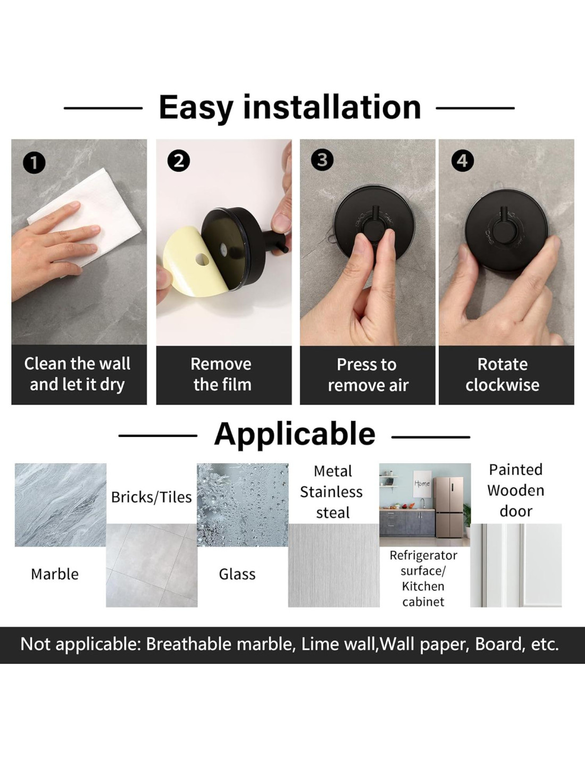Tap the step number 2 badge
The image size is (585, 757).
(179, 161)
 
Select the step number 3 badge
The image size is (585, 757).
(322, 160)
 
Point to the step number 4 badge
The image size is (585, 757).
(463, 161)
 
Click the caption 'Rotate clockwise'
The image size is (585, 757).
(503, 374)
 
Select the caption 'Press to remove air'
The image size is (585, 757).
(367, 375)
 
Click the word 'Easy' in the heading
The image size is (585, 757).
(196, 107)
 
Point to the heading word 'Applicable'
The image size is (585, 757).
(295, 434)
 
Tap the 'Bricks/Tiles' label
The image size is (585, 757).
(152, 497)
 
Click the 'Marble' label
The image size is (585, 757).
(55, 574)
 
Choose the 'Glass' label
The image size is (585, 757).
(237, 574)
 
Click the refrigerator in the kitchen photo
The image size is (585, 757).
(448, 507)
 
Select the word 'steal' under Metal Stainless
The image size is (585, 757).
(333, 513)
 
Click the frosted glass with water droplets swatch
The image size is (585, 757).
(243, 505)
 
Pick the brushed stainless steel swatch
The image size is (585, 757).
(334, 565)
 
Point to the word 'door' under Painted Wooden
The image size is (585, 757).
(516, 512)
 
